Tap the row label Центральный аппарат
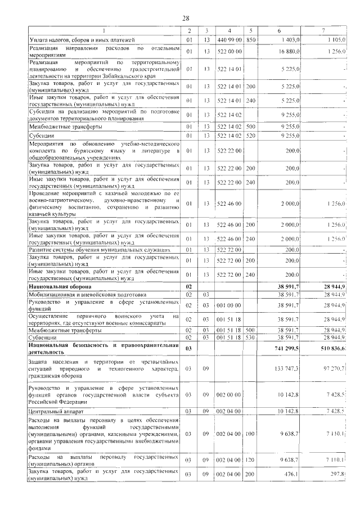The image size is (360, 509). [57, 411]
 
